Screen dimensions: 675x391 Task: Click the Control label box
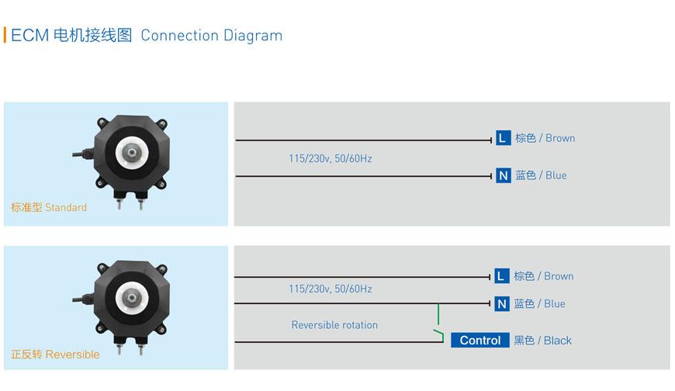pos(480,341)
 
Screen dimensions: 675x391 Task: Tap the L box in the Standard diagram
pos(503,138)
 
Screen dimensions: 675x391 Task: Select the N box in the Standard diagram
pos(503,175)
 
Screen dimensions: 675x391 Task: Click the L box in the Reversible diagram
pos(501,276)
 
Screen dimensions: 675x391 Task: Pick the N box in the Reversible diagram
pos(501,303)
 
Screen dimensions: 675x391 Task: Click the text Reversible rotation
pos(334,325)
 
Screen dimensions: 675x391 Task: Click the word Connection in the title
pos(179,36)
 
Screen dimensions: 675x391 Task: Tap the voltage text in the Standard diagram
pos(331,158)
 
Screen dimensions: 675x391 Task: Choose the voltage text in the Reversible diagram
pos(331,289)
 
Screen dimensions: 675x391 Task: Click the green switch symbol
pos(439,323)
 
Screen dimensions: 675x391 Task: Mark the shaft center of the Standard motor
pos(131,152)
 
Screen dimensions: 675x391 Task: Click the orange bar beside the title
pos(5,36)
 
